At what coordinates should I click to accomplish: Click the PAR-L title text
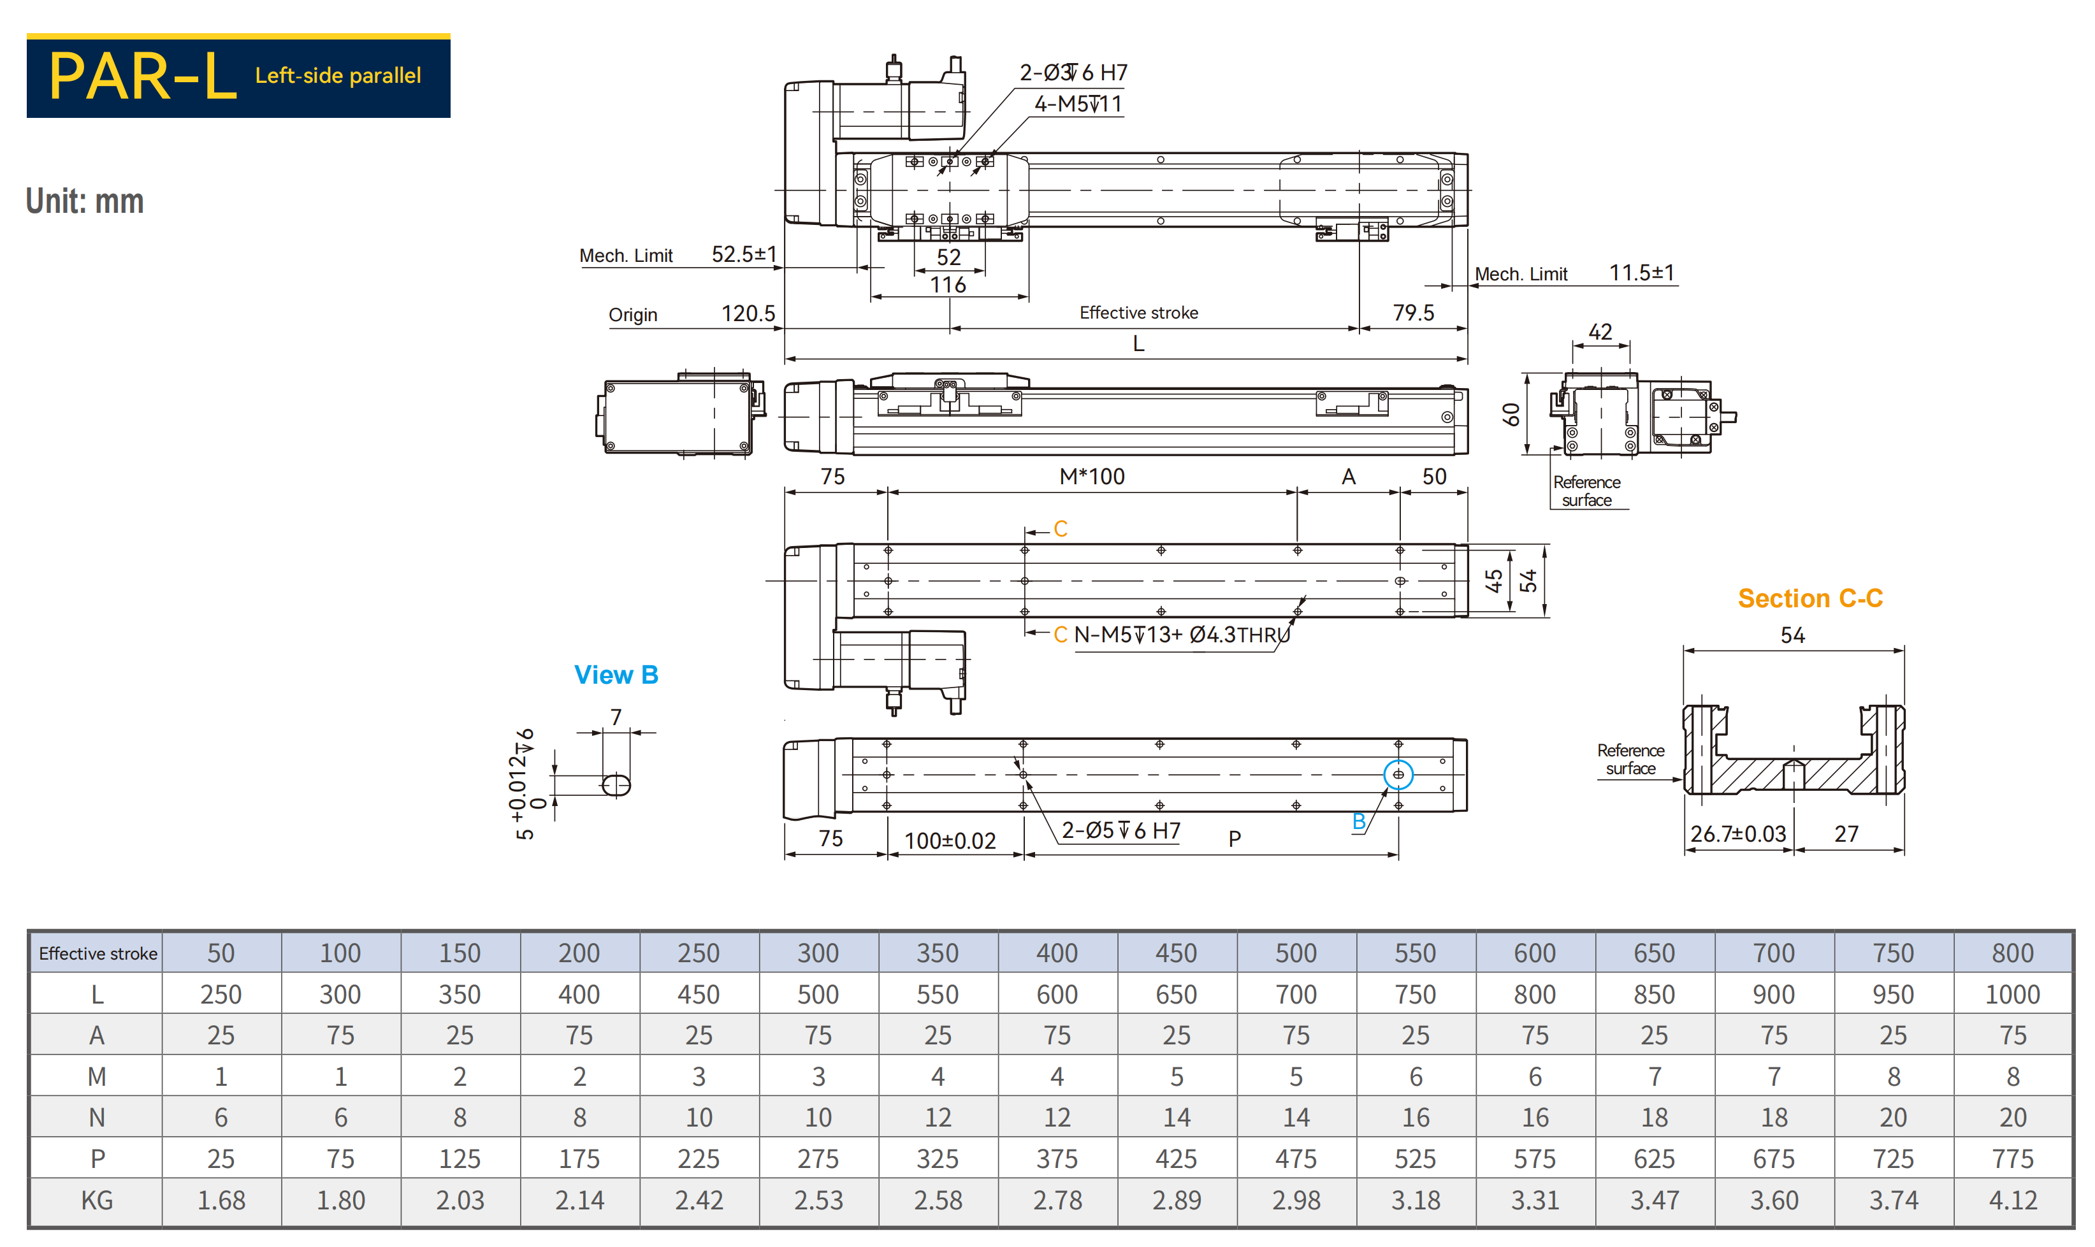pyautogui.click(x=143, y=76)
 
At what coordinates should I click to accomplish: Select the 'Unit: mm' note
pyautogui.click(x=85, y=201)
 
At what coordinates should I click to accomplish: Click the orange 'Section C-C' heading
pyautogui.click(x=1809, y=598)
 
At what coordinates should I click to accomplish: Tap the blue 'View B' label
pyautogui.click(x=616, y=675)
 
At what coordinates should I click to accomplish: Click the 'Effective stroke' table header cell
pyautogui.click(x=98, y=953)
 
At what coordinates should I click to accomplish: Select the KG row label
pyautogui.click(x=97, y=1200)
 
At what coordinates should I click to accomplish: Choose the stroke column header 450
pyautogui.click(x=1176, y=953)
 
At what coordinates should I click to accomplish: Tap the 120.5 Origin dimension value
pyautogui.click(x=748, y=314)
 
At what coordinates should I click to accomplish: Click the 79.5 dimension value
pyautogui.click(x=1414, y=313)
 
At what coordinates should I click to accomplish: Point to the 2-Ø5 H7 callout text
pyautogui.click(x=1120, y=830)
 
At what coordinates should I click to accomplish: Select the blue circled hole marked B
pyautogui.click(x=1398, y=775)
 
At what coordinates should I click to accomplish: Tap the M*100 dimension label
pyautogui.click(x=1092, y=477)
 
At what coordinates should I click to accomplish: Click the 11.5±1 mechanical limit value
pyautogui.click(x=1641, y=273)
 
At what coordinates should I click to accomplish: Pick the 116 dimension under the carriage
pyautogui.click(x=948, y=285)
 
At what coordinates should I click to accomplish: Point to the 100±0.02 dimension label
pyautogui.click(x=950, y=840)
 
